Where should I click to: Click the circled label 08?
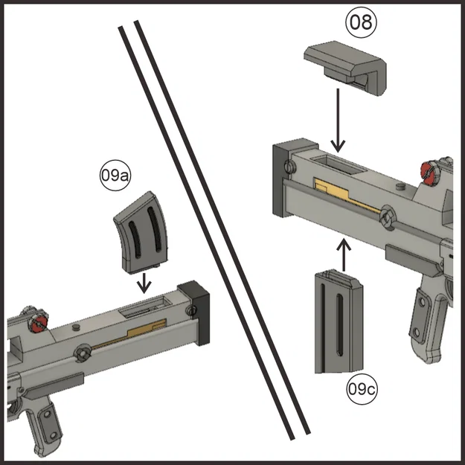[362, 22]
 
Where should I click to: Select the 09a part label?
[115, 176]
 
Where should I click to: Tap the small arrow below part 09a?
[144, 282]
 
